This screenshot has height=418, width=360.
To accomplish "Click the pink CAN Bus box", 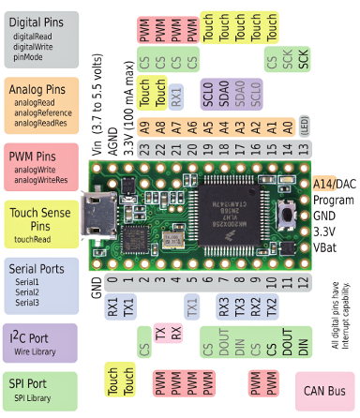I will (x=326, y=391).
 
